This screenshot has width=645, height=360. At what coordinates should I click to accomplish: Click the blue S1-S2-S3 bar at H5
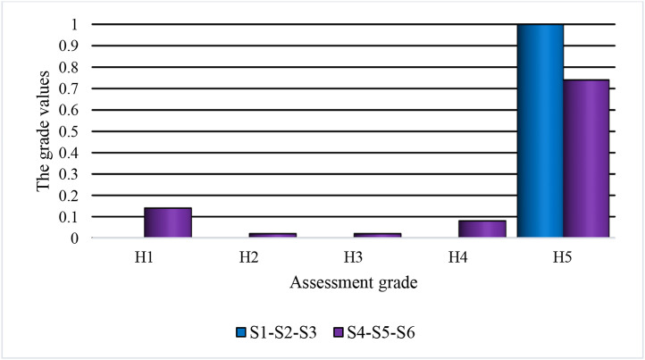[x=540, y=131]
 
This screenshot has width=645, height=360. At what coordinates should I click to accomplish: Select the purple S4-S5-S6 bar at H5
[x=586, y=159]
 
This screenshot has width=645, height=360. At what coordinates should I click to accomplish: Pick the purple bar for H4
[x=482, y=229]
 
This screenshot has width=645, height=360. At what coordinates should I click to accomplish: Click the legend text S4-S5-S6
[x=379, y=333]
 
